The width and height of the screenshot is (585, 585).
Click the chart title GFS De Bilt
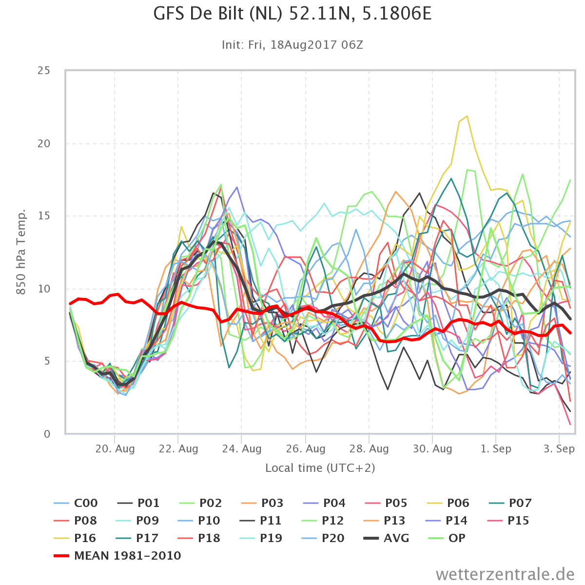(x=292, y=14)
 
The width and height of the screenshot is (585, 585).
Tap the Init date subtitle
(x=292, y=45)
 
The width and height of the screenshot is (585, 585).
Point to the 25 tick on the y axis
(x=44, y=70)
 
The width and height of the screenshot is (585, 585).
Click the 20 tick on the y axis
(x=44, y=143)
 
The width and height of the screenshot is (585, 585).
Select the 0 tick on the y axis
(x=47, y=434)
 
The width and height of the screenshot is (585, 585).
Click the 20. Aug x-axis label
(x=115, y=448)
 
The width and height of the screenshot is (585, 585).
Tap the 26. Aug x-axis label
(x=305, y=448)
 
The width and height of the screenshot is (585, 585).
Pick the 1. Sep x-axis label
(x=496, y=448)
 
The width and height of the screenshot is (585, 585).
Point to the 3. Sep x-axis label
(x=559, y=448)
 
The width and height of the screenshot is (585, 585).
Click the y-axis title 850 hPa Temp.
(x=20, y=252)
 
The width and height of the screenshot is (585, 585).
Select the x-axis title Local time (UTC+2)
(x=320, y=468)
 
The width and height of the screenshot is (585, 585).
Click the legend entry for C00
(x=76, y=503)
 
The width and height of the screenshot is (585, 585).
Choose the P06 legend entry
(x=448, y=503)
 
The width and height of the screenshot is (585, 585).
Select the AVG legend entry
(x=386, y=538)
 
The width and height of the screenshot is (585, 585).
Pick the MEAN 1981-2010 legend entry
(x=117, y=556)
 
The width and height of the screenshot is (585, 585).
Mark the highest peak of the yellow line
(x=467, y=116)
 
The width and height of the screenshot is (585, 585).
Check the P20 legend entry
(x=323, y=538)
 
